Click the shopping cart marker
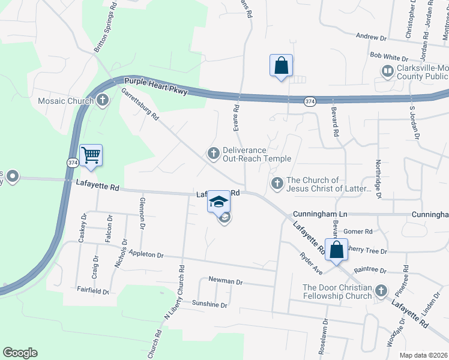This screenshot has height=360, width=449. [91, 155]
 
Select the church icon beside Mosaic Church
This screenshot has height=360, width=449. [103, 100]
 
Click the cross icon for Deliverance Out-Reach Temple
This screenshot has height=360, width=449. [213, 154]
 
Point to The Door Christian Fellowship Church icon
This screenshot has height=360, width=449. [380, 292]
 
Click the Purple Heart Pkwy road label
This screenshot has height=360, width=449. [156, 86]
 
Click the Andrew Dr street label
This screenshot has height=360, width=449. [371, 37]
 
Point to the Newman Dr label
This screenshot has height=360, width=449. [225, 281]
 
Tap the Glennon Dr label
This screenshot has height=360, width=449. [142, 213]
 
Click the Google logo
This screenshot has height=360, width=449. [20, 353]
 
